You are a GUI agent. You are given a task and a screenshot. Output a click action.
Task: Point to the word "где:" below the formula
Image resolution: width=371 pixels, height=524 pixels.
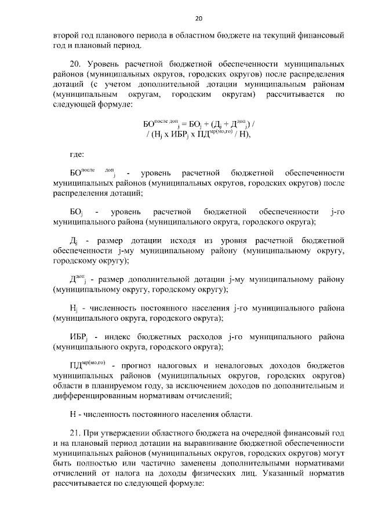(77, 155)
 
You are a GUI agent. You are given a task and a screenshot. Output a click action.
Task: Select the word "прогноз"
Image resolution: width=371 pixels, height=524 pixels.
(138, 365)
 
